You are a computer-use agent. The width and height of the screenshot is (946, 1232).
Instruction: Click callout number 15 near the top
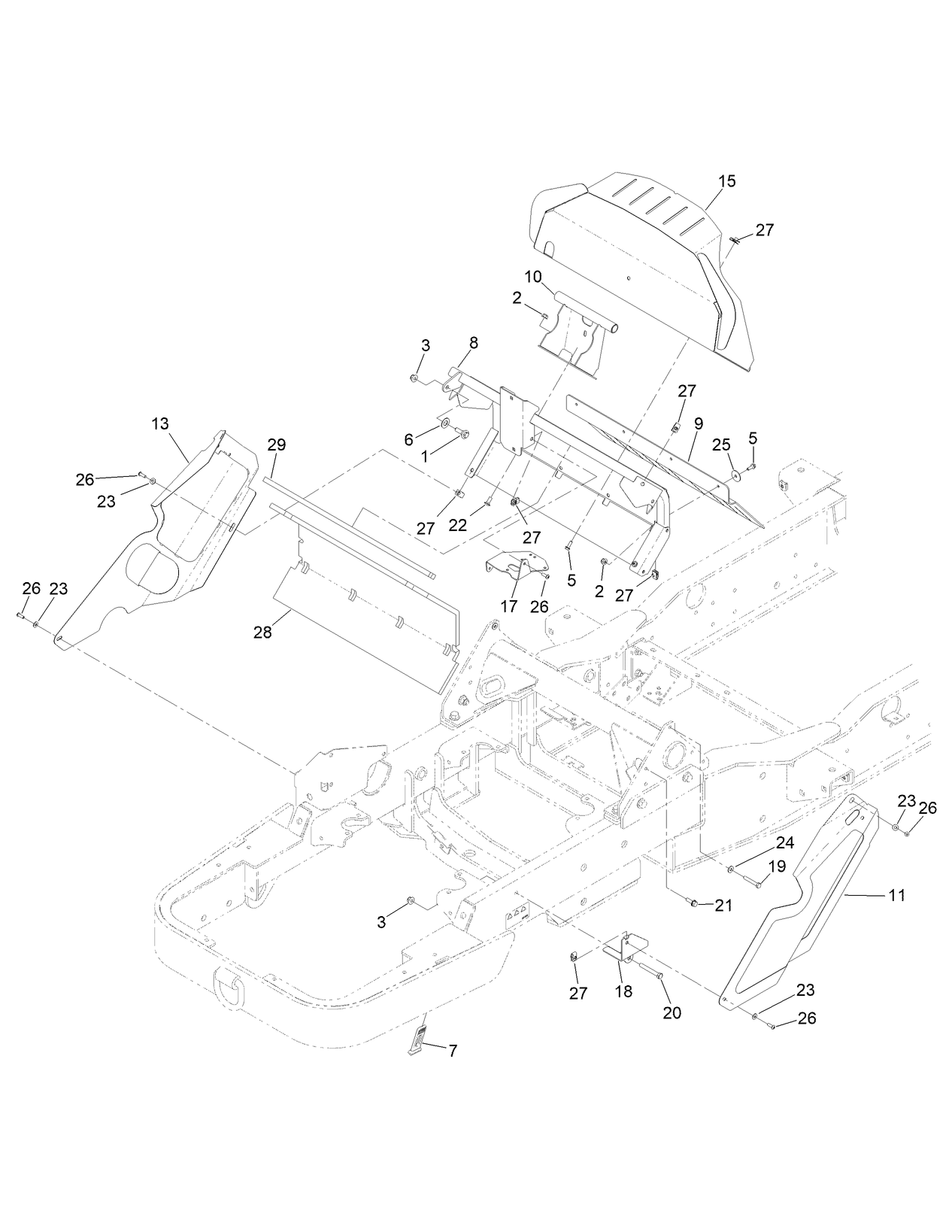tap(726, 181)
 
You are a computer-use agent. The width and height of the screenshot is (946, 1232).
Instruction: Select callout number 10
tap(533, 277)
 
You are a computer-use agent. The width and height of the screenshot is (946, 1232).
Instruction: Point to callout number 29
tap(276, 445)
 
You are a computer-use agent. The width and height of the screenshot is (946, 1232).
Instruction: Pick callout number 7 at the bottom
tap(453, 1051)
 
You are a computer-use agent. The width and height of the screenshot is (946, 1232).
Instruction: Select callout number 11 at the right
tap(896, 895)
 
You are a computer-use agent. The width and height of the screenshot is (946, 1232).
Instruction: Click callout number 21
tap(723, 906)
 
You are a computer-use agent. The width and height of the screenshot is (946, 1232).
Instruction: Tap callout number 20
tap(672, 1013)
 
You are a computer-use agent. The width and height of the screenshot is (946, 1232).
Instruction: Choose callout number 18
tap(623, 992)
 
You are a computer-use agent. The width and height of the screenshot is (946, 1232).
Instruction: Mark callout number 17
tap(509, 606)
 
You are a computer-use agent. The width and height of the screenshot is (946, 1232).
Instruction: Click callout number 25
tap(722, 444)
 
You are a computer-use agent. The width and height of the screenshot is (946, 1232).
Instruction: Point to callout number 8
tap(473, 343)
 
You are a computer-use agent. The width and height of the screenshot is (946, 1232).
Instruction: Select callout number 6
tap(409, 439)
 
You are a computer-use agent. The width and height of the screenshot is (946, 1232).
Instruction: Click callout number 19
tap(777, 866)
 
